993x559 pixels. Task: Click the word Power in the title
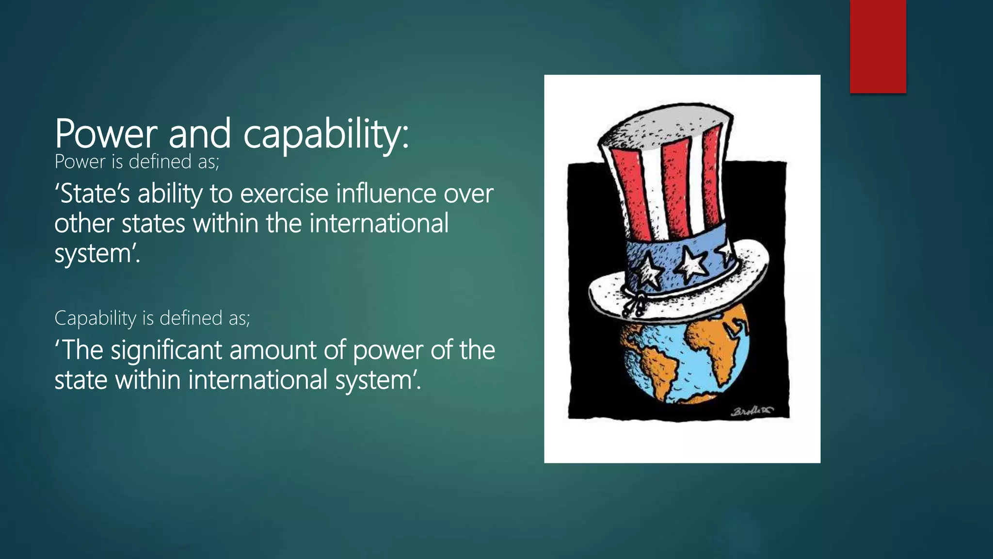(106, 133)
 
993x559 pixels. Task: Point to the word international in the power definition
(379, 224)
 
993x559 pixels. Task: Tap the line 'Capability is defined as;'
(152, 318)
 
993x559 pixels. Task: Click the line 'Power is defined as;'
(137, 162)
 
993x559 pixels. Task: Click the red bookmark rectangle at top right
(878, 46)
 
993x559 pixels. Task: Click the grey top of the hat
(664, 127)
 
